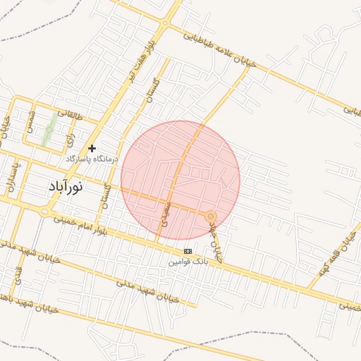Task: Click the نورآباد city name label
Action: pyautogui.click(x=65, y=187)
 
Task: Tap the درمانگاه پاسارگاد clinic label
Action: pyautogui.click(x=92, y=160)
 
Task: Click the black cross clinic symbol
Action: pyautogui.click(x=92, y=148)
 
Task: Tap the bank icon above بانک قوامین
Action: pyautogui.click(x=188, y=251)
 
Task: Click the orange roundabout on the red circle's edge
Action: pyautogui.click(x=210, y=215)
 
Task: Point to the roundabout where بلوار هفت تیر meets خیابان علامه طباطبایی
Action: pyautogui.click(x=165, y=23)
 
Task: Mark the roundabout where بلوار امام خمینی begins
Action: pyautogui.click(x=45, y=212)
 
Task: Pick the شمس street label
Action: pyautogui.click(x=31, y=123)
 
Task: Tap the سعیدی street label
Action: pyautogui.click(x=165, y=212)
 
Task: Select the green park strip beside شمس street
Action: pyautogui.click(x=49, y=129)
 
